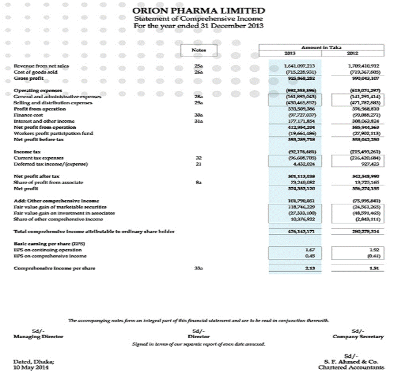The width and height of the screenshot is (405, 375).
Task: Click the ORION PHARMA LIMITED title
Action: [199, 10]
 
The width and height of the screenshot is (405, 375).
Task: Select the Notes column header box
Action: [198, 49]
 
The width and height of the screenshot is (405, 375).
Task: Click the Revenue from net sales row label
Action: [41, 65]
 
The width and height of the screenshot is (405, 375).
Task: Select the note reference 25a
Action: [198, 65]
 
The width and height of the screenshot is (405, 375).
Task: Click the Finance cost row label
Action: [28, 114]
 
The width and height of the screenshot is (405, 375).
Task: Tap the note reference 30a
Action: [198, 114]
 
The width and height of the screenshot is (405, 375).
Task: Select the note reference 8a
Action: [198, 182]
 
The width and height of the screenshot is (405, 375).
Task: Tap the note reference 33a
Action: [198, 268]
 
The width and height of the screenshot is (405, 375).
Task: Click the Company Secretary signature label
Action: [358, 336]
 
